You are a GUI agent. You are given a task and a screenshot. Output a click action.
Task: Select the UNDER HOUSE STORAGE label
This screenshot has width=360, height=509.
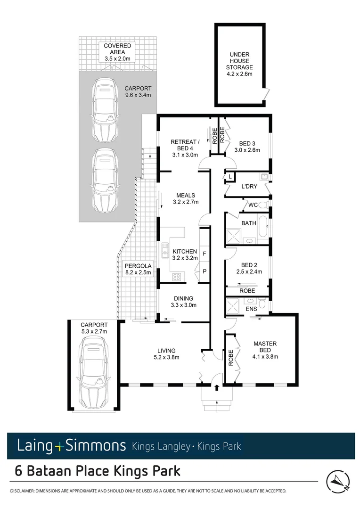pos(241,64)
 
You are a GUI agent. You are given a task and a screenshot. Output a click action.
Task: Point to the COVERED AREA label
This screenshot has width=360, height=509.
pos(117,52)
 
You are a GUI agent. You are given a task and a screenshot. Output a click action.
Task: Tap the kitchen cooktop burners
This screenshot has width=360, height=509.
pos(177,277)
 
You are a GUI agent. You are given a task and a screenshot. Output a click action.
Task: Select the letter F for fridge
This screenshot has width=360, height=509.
pos(204,253)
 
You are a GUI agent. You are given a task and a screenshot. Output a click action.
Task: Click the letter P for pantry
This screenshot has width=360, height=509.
pos(204,272)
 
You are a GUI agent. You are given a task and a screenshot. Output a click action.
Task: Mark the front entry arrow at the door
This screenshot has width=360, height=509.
pos(217,388)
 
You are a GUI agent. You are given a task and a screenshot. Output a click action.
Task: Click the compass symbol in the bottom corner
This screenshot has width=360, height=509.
pos(338,480)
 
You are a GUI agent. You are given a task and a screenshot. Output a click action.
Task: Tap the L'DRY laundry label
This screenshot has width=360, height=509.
pos(249,187)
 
